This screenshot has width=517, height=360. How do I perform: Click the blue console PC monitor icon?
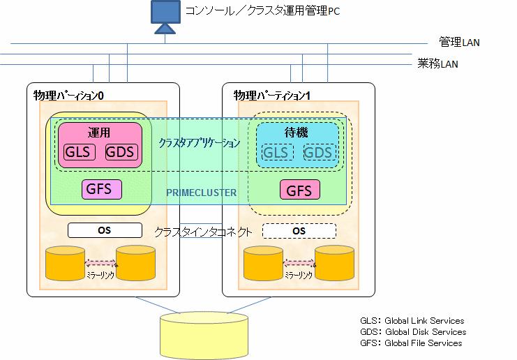pyautogui.click(x=165, y=17)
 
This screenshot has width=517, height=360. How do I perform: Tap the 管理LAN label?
pyautogui.click(x=459, y=42)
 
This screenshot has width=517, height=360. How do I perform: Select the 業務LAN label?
pyautogui.click(x=437, y=63)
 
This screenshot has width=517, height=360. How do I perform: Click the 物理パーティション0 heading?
pyautogui.click(x=68, y=96)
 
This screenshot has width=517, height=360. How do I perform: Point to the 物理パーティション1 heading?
pyautogui.click(x=271, y=96)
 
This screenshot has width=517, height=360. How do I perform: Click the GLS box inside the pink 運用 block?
pyautogui.click(x=79, y=152)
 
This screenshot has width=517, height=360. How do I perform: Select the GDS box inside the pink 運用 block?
pyautogui.click(x=121, y=152)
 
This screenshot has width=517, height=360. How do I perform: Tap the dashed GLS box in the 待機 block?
pyautogui.click(x=278, y=152)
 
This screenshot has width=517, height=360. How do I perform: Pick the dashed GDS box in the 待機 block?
pyautogui.click(x=320, y=152)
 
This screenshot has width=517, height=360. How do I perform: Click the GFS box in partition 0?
pyautogui.click(x=102, y=189)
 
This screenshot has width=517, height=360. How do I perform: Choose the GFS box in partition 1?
pyautogui.click(x=300, y=190)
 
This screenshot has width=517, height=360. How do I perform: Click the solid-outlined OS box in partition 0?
pyautogui.click(x=105, y=230)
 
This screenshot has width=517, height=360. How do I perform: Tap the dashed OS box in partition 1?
pyautogui.click(x=299, y=231)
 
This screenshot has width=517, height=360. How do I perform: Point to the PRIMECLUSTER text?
pyautogui.click(x=201, y=193)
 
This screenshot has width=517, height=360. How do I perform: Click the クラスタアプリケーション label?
pyautogui.click(x=200, y=143)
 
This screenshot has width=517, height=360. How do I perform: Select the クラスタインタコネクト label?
pyautogui.click(x=203, y=232)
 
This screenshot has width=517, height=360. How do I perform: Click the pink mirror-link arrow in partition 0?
pyautogui.click(x=100, y=263)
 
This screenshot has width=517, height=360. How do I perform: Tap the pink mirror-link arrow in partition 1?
pyautogui.click(x=299, y=263)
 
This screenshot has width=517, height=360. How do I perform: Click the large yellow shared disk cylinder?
pyautogui.click(x=204, y=336)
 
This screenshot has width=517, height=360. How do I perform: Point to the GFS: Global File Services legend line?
pyautogui.click(x=411, y=343)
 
